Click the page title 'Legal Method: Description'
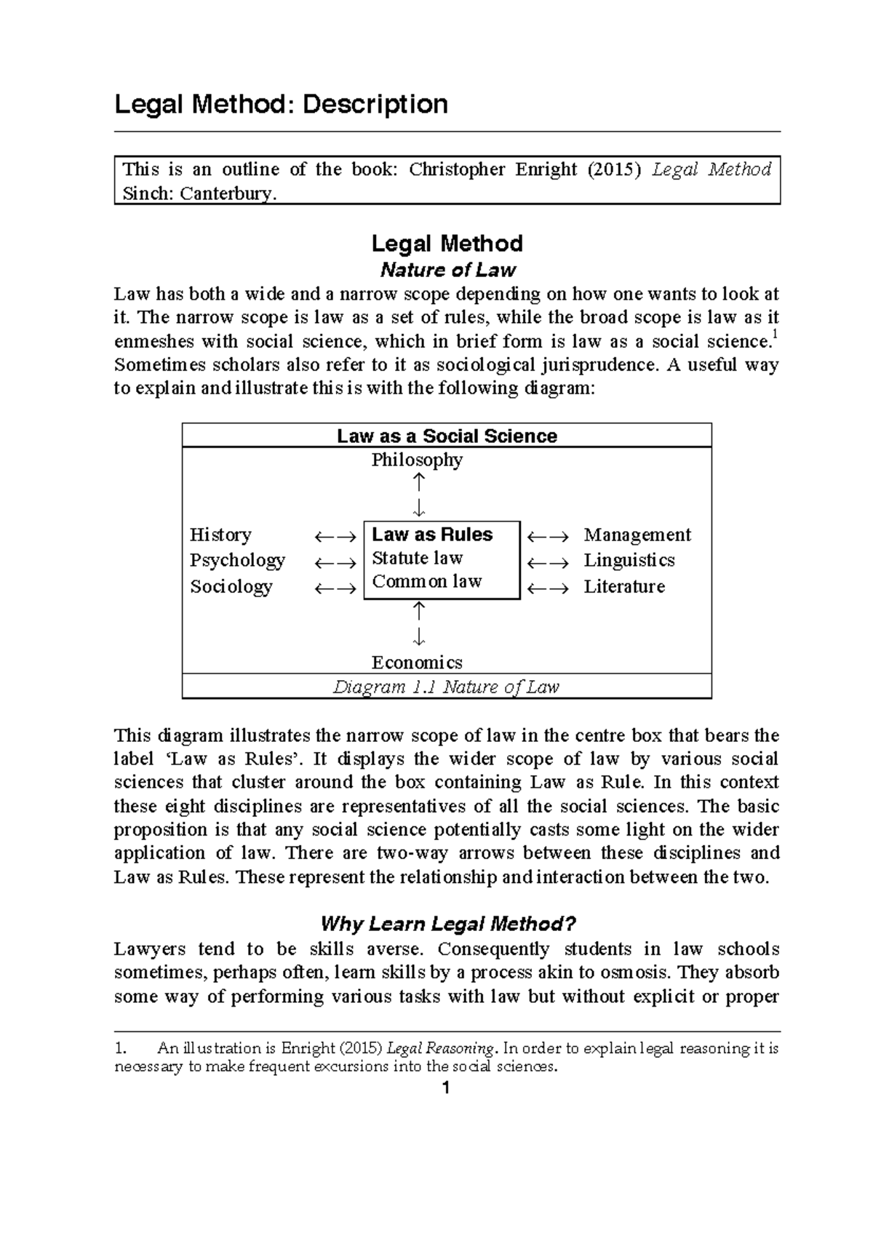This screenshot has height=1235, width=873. pos(281,104)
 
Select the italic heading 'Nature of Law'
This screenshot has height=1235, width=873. pos(447,270)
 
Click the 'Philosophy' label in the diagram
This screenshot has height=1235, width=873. pos(417,460)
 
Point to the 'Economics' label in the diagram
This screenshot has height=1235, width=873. pos(417,662)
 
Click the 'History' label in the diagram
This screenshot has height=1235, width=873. pos(220,535)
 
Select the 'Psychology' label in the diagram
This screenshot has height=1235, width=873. pos(237,560)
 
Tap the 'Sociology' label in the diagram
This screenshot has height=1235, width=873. pos(231,586)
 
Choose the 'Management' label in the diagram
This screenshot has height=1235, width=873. pos(637,535)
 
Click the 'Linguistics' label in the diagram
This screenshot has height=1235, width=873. pos(629,560)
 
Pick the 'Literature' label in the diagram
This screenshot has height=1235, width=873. pos(624,586)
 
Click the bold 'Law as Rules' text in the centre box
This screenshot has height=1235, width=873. pos(432,535)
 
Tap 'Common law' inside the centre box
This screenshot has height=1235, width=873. pos(427,581)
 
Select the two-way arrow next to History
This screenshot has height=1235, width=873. pos(335,537)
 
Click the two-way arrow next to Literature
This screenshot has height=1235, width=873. pos(548,588)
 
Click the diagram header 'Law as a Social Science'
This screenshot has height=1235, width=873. pos(447,436)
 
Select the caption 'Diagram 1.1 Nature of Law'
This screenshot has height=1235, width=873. pos(446,687)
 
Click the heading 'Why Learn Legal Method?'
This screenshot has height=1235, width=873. pos(447,924)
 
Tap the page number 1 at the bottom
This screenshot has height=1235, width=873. pos(447,1089)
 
